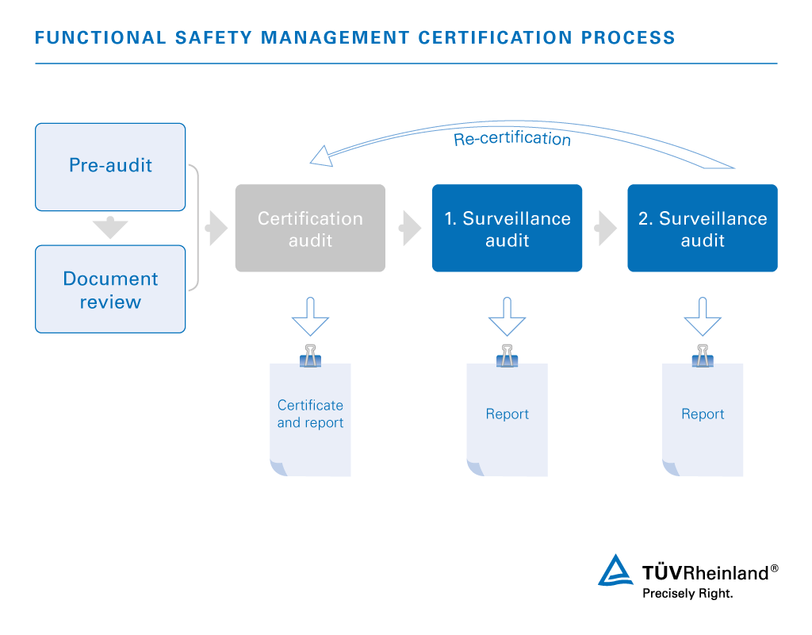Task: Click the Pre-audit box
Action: (x=110, y=167)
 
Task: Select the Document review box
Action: (x=110, y=289)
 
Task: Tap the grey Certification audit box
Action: (x=310, y=228)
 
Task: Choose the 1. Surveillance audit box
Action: (x=507, y=228)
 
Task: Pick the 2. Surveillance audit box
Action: (x=703, y=228)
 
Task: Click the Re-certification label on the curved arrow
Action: (x=512, y=138)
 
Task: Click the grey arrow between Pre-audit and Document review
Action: (x=110, y=227)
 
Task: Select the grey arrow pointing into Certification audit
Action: (x=216, y=228)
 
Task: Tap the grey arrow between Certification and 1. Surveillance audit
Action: (x=410, y=228)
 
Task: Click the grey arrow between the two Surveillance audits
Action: (x=605, y=228)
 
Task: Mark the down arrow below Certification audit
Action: (x=310, y=317)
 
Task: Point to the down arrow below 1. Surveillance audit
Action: (x=507, y=317)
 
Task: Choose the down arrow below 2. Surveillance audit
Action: (x=703, y=317)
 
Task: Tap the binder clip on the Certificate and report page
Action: (x=310, y=356)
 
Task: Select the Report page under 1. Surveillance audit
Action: (x=507, y=419)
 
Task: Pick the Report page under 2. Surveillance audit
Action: (x=703, y=419)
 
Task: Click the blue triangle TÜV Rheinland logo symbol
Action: (x=615, y=571)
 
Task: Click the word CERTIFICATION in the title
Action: (x=495, y=38)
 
